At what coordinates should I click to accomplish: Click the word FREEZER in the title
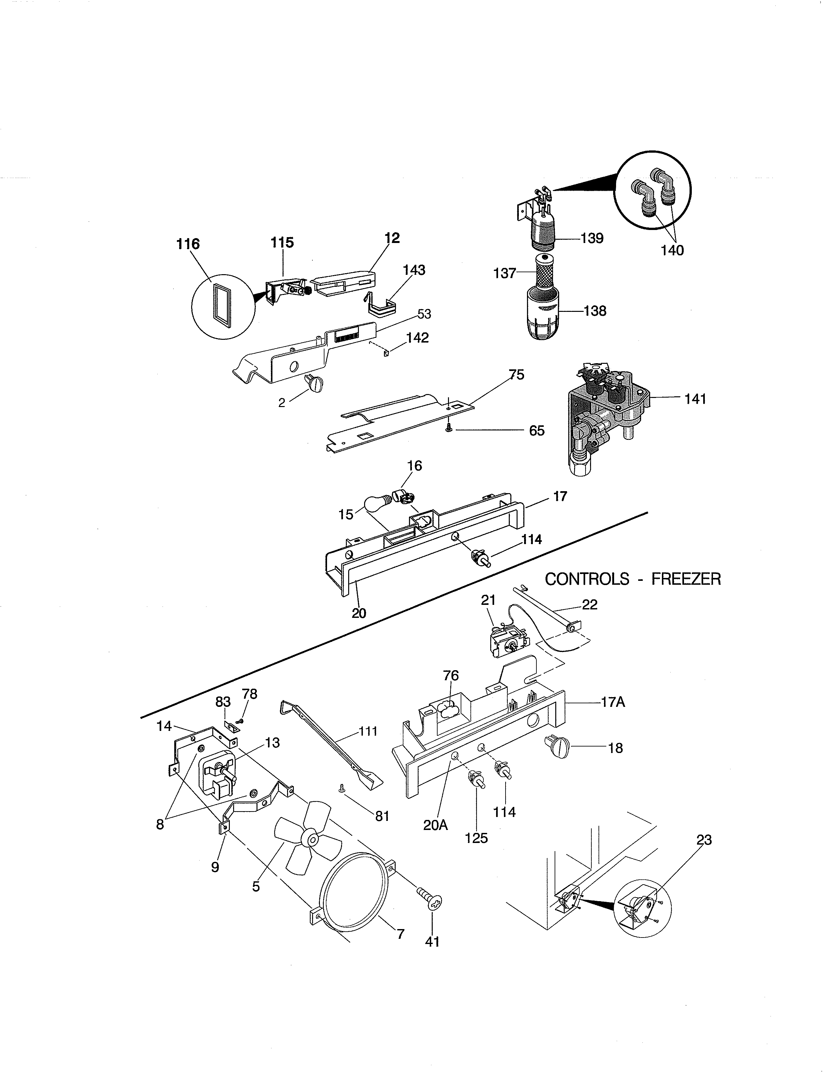coord(686,579)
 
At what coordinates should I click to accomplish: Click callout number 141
coord(695,399)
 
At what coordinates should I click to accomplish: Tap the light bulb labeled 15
coord(377,504)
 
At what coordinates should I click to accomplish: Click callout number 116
coord(188,244)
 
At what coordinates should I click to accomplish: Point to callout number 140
coord(672,250)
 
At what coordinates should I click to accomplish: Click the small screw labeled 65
coord(448,429)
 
